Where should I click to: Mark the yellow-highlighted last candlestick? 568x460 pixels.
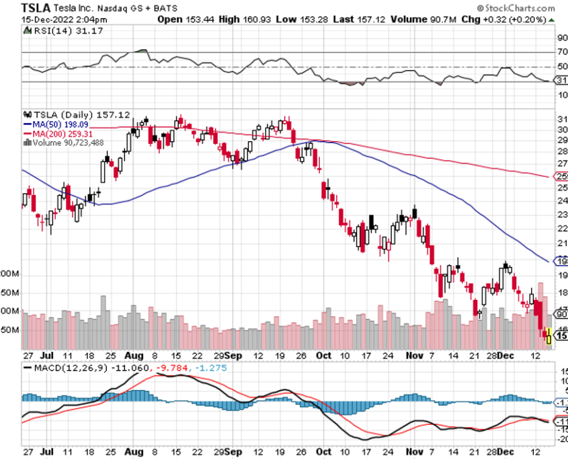point(549,336)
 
